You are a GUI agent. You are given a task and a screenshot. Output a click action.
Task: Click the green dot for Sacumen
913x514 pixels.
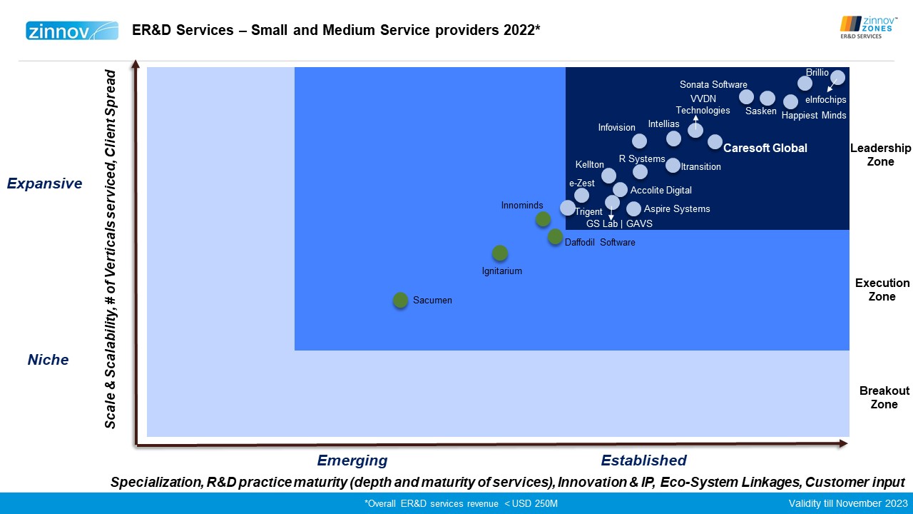pos(400,301)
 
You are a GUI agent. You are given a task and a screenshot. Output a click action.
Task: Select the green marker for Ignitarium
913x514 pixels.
pos(500,253)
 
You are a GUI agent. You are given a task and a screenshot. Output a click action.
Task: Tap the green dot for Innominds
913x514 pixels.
pos(543,219)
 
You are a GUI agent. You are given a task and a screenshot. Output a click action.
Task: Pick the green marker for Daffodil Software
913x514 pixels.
pos(555,237)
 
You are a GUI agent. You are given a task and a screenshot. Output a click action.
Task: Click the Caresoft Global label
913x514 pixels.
pos(765,148)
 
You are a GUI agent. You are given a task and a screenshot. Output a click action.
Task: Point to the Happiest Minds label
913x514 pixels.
pos(814,116)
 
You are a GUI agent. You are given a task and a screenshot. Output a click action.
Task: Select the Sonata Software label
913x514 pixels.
pos(713,85)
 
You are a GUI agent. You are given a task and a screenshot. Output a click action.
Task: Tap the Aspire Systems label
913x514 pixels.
pos(677,209)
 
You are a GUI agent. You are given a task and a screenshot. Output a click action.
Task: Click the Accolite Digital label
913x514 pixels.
pos(660,191)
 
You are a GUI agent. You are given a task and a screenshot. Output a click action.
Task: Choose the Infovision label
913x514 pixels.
pos(616,128)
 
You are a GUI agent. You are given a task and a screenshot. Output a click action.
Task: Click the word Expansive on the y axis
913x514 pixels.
pos(44,183)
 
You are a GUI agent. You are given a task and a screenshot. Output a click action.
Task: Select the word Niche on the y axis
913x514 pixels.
pos(48,360)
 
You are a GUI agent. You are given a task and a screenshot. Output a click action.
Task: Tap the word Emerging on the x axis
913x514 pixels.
pos(352,460)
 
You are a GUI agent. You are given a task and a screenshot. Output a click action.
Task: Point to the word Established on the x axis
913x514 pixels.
pos(643,460)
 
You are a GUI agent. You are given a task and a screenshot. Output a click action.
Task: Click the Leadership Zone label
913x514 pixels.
pos(880,155)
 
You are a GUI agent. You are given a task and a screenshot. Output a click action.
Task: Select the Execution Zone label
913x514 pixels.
pos(882,290)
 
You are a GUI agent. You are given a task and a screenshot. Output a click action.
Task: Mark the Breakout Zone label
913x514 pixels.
pos(884,398)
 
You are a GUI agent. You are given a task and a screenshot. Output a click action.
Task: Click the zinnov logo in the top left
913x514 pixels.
pos(71,31)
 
